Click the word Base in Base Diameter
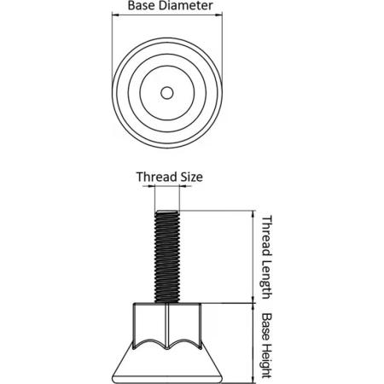(x=138, y=6)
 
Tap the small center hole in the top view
(x=167, y=93)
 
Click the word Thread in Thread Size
(x=153, y=177)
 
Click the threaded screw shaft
(x=167, y=257)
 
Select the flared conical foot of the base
(x=167, y=365)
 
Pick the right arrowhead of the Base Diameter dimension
(x=219, y=15)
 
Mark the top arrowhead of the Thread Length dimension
(x=253, y=214)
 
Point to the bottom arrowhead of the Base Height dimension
(x=253, y=380)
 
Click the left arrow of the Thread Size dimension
(x=152, y=186)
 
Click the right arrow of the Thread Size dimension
(x=183, y=186)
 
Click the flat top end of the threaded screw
(x=167, y=212)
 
